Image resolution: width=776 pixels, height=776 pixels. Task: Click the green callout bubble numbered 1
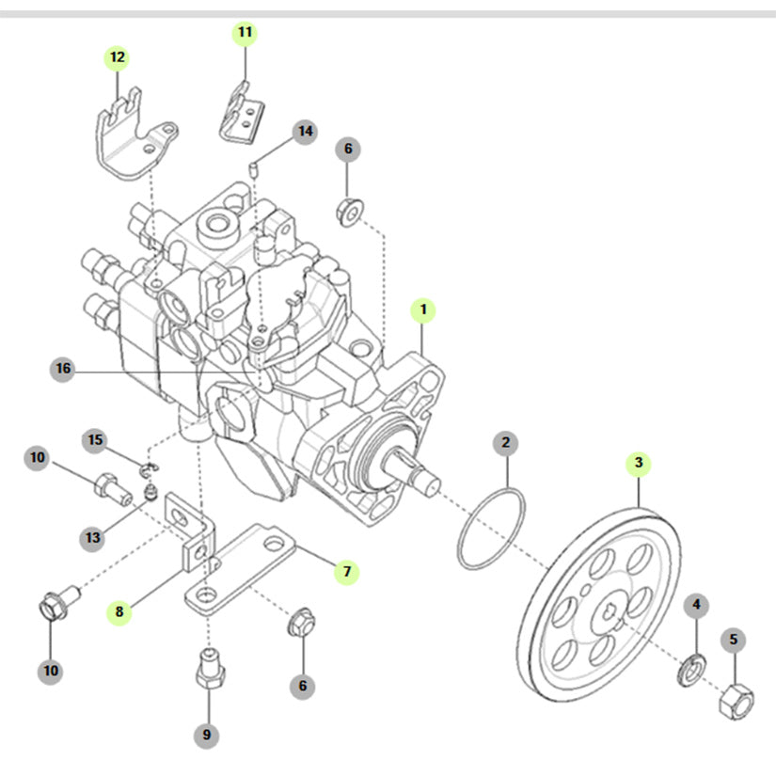423,309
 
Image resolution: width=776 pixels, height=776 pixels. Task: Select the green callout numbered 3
639,463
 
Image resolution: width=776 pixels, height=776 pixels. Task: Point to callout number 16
63,369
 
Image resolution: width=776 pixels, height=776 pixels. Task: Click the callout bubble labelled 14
304,132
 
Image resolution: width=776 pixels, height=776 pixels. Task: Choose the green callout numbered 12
118,57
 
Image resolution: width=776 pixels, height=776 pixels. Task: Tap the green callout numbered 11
245,33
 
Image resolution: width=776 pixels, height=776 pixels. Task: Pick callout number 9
208,735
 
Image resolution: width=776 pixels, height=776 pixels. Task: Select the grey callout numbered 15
95,439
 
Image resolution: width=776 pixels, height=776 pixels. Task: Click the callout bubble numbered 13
92,537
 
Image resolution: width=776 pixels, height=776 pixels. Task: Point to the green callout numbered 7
346,571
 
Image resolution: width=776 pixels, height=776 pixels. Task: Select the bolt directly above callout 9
208,669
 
